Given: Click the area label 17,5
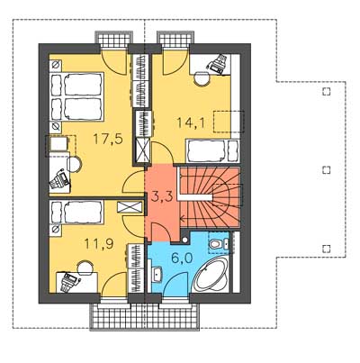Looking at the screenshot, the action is click(108, 140).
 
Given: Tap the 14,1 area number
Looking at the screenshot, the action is click(191, 123).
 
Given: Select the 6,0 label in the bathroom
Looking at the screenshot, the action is click(182, 258).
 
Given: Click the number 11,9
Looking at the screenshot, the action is click(99, 244).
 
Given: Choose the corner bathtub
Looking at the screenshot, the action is click(211, 275).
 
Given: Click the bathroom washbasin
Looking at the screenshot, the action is click(157, 274).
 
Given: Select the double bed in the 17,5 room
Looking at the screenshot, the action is click(76, 96).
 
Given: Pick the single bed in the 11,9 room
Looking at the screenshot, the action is click(76, 213).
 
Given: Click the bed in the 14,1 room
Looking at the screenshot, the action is click(212, 151).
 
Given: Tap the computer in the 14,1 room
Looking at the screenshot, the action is click(217, 64).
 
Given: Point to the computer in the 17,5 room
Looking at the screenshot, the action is click(60, 179).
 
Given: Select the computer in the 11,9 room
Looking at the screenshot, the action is click(69, 282).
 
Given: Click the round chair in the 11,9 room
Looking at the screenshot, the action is click(85, 268).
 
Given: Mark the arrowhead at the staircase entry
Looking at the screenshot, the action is click(182, 219).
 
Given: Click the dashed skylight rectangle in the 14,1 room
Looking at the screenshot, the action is click(229, 122).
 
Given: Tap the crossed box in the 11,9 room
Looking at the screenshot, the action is click(130, 207).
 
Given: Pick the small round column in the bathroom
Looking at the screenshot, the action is click(185, 240).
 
